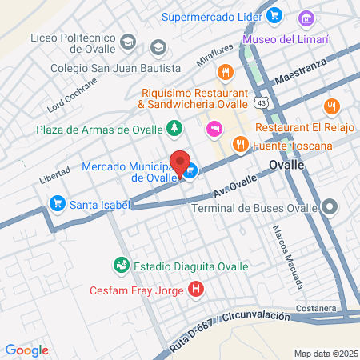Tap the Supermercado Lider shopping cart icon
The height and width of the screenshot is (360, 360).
(274, 15)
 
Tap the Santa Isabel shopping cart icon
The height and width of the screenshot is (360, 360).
(57, 204)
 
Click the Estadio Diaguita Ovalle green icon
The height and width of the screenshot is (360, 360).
(121, 265)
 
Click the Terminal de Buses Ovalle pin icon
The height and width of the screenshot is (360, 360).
(329, 208)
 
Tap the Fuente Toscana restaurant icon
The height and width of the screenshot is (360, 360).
(239, 145)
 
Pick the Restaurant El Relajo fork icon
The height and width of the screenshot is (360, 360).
(330, 106)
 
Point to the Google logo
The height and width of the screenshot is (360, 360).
(26, 350)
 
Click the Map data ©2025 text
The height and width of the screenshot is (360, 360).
(324, 353)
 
